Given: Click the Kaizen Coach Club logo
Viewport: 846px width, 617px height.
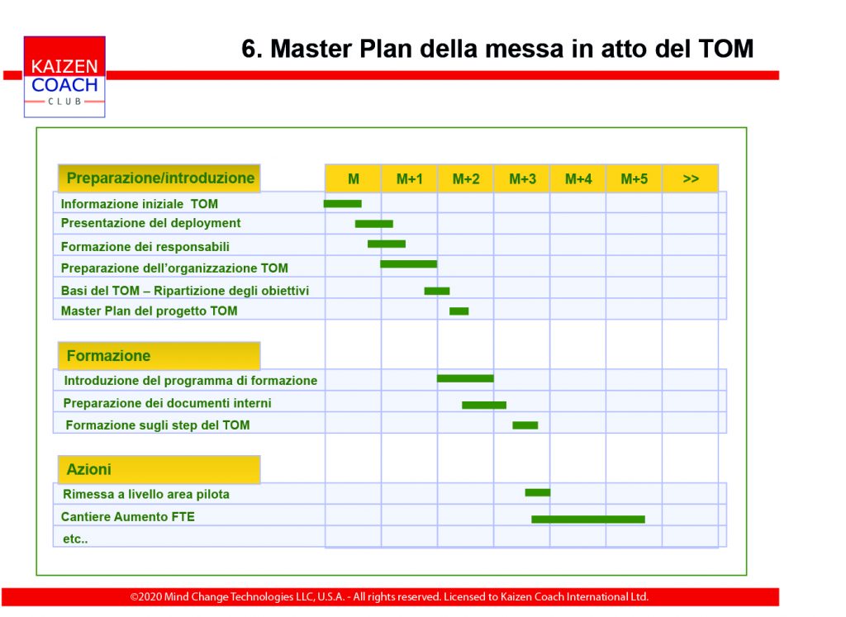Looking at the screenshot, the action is pyautogui.click(x=64, y=77).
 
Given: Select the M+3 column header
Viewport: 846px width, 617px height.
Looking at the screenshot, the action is pyautogui.click(x=522, y=178).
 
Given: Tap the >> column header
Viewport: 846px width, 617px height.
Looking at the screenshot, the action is pyautogui.click(x=691, y=178).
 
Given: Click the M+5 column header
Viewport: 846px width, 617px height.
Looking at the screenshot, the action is pyautogui.click(x=634, y=178).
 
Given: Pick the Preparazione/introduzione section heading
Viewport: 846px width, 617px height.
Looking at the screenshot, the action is pyautogui.click(x=159, y=178).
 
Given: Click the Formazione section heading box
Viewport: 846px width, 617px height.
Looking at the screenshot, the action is pyautogui.click(x=159, y=356).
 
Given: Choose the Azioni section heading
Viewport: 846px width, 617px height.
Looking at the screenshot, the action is pyautogui.click(x=159, y=469).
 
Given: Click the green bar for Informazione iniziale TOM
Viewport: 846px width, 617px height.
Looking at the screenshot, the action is pyautogui.click(x=343, y=204).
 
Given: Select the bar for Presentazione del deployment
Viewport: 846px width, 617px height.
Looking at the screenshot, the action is pyautogui.click(x=374, y=224).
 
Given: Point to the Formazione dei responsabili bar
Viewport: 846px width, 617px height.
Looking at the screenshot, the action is pyautogui.click(x=387, y=244).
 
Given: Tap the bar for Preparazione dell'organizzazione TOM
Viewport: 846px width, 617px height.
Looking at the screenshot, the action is pyautogui.click(x=408, y=263).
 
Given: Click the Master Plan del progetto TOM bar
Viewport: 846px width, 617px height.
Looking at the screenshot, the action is pyautogui.click(x=459, y=311).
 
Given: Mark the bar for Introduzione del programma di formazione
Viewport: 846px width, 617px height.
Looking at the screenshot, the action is pyautogui.click(x=465, y=378).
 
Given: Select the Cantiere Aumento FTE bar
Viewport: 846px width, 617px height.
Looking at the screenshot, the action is pyautogui.click(x=588, y=520).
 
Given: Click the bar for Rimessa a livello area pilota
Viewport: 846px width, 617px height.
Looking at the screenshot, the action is pyautogui.click(x=537, y=492).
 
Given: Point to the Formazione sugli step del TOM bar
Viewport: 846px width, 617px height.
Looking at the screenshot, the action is pyautogui.click(x=525, y=425).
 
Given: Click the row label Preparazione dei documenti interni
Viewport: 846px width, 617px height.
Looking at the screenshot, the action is pyautogui.click(x=167, y=403).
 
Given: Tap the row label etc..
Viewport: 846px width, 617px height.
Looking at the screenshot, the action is pyautogui.click(x=75, y=539).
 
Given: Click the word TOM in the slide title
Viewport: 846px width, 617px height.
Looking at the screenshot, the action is pyautogui.click(x=725, y=49).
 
